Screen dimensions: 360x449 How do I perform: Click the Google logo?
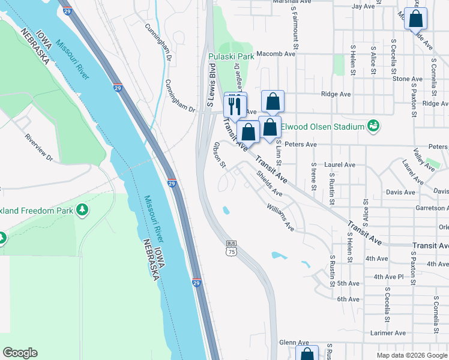point(20,353)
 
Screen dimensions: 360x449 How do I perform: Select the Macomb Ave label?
point(276,53)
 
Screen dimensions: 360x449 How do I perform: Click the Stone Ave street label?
point(408,79)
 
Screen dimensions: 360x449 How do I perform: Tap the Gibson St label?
point(219,155)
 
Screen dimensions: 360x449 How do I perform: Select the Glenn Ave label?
point(294,342)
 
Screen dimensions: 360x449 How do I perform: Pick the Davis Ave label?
point(401,193)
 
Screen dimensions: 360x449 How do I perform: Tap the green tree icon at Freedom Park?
point(82,210)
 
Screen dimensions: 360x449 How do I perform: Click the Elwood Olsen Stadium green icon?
point(374,125)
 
